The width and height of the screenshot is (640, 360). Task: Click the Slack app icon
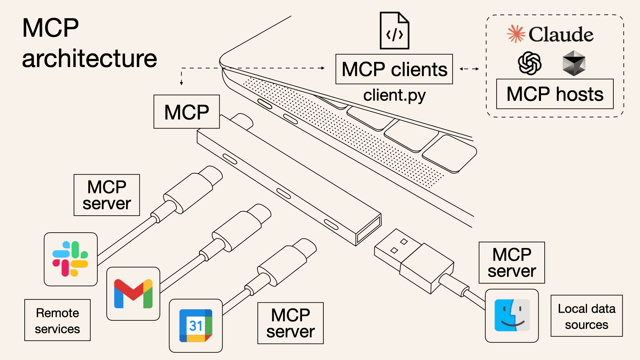70,259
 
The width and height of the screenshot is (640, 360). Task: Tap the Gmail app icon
133,294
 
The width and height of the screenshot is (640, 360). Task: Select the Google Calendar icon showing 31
196,326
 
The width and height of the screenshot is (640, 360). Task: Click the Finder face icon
512,315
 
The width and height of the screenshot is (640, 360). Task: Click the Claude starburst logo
516,34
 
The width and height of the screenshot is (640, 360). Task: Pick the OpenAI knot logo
529,63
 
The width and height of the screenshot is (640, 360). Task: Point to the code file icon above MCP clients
394,31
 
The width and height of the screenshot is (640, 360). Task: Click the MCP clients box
394,69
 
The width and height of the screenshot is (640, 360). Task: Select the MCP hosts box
555,94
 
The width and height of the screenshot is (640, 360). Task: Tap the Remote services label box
57,320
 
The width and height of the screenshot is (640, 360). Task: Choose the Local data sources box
586,316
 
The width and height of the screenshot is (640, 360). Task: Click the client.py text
394,95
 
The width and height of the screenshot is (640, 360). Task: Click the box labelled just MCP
186,112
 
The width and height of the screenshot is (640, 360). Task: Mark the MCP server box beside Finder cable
511,263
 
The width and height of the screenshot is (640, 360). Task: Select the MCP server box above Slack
107,195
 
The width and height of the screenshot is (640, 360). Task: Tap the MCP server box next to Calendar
290,323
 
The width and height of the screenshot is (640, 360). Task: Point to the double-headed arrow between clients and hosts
469,69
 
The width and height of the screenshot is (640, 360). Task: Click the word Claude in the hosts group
561,34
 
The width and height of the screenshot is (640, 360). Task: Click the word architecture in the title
89,58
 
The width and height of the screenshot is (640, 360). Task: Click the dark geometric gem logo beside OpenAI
574,63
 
